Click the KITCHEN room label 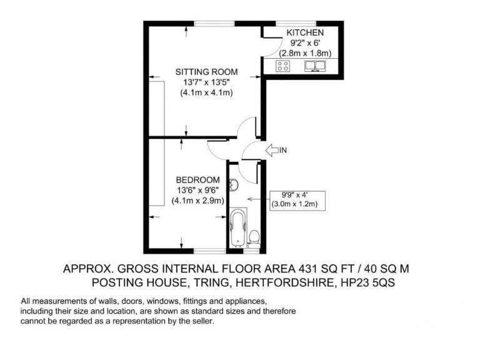point(304,32)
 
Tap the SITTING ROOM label point(206,72)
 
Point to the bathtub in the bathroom point(237,228)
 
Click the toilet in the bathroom point(254,236)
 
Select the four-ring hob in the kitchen point(282,66)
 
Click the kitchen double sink point(316,66)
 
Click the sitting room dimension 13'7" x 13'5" point(206,82)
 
